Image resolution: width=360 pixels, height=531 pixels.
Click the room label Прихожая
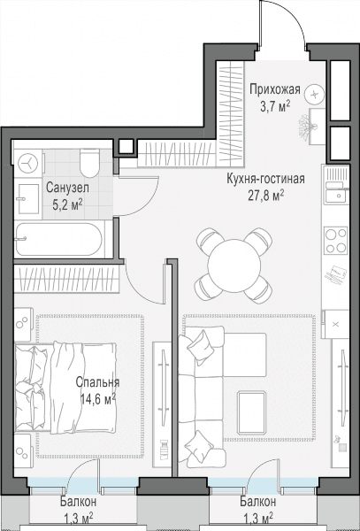pyautogui.click(x=275, y=89)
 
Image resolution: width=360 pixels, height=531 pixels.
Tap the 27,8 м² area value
pyautogui.click(x=266, y=196)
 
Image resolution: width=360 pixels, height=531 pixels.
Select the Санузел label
pyautogui.click(x=68, y=188)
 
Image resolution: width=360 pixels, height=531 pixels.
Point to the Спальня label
pyautogui.click(x=97, y=382)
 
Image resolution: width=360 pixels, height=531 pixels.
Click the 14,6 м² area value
pyautogui.click(x=98, y=398)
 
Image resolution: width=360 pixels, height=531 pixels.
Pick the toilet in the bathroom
pyautogui.click(x=90, y=163)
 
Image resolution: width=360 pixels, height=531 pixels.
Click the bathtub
pyautogui.click(x=59, y=239)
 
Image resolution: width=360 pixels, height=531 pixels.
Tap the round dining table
pyautogui.click(x=234, y=265)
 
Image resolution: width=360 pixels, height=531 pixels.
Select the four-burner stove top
pyautogui.click(x=335, y=241)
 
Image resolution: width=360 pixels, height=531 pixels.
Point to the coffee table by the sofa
pyautogui.click(x=251, y=412)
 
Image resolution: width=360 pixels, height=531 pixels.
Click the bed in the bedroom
pyautogui.click(x=65, y=389)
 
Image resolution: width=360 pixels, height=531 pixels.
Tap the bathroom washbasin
pyautogui.click(x=27, y=199)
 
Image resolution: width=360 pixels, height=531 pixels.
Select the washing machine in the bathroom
pyautogui.click(x=28, y=164)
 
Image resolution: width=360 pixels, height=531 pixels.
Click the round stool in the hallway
pyautogui.click(x=314, y=94)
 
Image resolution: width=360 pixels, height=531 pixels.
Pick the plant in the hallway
pyautogui.click(x=308, y=127)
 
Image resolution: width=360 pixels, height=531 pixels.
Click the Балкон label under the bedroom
pyautogui.click(x=79, y=501)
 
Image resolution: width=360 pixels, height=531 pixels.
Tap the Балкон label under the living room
pyautogui.click(x=257, y=501)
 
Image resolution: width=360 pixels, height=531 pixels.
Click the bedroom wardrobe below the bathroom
pyautogui.click(x=66, y=279)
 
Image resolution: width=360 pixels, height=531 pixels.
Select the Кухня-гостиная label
pyautogui.click(x=266, y=179)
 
